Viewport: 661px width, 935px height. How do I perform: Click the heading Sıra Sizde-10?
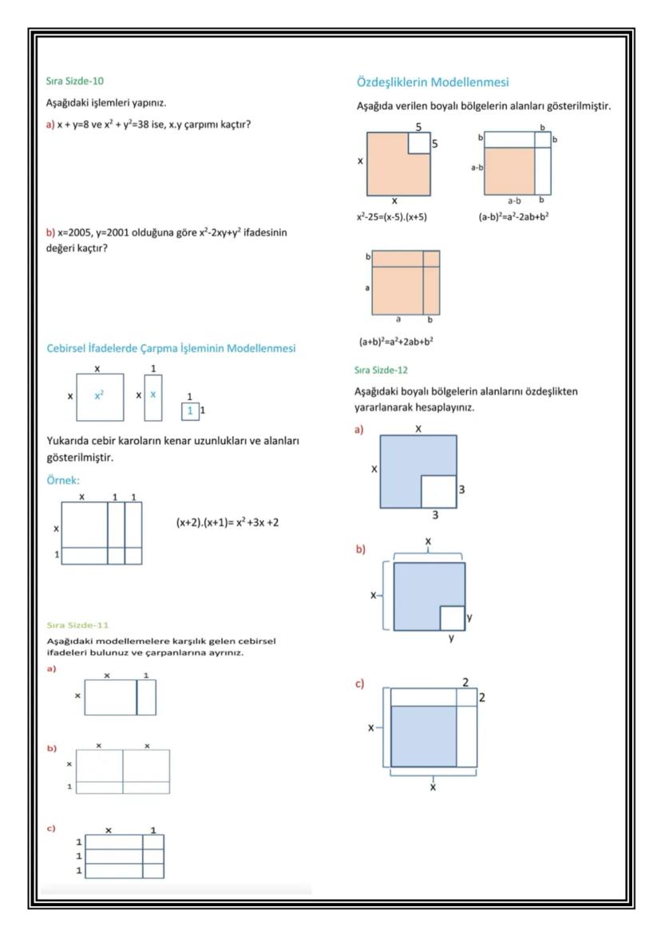click(x=74, y=81)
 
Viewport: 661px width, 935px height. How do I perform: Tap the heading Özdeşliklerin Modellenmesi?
click(x=433, y=82)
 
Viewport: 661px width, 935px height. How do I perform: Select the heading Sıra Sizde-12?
click(x=381, y=370)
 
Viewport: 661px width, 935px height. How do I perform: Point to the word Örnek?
click(x=64, y=480)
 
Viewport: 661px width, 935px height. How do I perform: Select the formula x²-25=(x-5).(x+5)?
click(x=393, y=216)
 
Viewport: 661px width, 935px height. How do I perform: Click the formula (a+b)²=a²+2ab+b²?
click(x=395, y=342)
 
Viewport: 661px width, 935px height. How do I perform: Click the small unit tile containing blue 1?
click(x=189, y=410)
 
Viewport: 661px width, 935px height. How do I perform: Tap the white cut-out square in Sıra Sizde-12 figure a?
click(x=438, y=491)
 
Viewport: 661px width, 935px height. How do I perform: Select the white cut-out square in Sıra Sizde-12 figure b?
click(x=452, y=618)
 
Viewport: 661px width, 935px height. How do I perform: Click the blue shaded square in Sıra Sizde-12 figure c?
click(x=423, y=735)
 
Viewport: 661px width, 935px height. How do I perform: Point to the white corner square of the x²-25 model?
click(x=419, y=143)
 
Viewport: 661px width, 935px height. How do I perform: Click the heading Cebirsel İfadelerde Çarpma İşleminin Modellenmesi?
click(x=171, y=348)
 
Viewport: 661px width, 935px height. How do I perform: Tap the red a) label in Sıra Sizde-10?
click(x=50, y=124)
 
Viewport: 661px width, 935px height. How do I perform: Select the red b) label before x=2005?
click(x=50, y=232)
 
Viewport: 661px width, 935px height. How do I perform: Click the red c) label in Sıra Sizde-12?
click(x=360, y=684)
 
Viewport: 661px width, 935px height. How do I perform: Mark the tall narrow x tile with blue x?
click(x=153, y=396)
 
